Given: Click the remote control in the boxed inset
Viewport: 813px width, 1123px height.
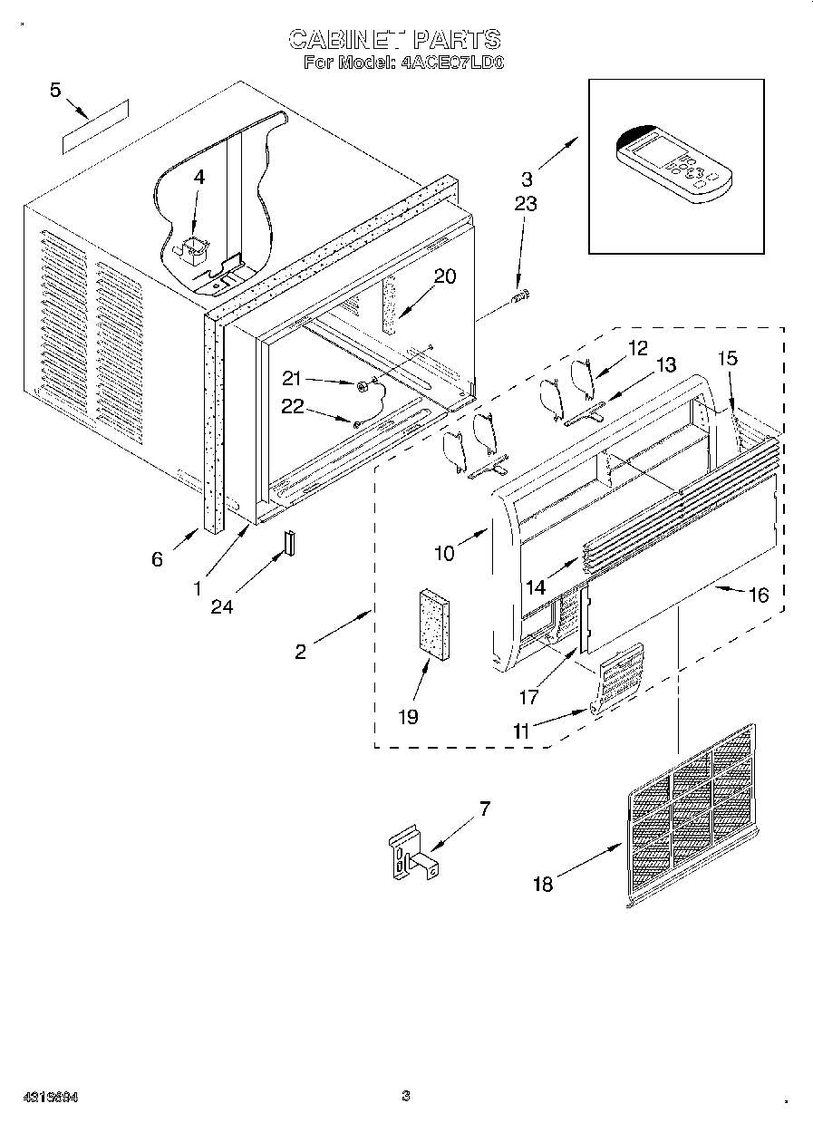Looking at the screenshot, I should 671,163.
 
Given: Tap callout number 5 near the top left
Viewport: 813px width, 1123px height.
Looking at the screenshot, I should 56,90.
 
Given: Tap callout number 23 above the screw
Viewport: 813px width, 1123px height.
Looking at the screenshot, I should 525,205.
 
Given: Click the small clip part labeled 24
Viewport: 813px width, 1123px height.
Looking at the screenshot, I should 290,540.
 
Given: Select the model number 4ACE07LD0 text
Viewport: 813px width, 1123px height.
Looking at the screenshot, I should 451,63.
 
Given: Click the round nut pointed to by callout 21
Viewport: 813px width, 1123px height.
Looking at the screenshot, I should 362,387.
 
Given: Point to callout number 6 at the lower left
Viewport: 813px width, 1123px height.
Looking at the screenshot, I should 157,559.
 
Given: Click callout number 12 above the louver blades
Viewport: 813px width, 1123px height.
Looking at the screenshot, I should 638,346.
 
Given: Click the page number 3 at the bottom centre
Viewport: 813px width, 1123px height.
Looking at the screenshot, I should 406,1096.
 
